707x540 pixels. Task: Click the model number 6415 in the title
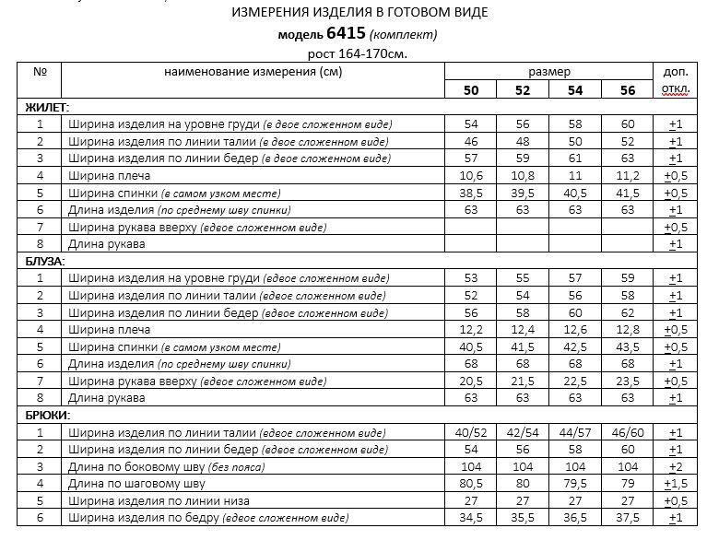click(x=346, y=34)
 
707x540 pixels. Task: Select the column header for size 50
click(x=471, y=89)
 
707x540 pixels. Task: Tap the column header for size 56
click(x=628, y=89)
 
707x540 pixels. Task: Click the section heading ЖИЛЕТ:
click(x=46, y=108)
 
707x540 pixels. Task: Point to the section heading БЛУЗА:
click(x=45, y=262)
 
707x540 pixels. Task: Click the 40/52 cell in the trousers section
click(x=471, y=432)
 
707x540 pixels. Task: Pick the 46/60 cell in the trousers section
click(x=628, y=432)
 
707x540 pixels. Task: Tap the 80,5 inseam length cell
click(x=471, y=483)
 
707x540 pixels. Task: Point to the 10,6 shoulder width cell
click(x=471, y=175)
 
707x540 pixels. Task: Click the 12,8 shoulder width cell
click(x=628, y=329)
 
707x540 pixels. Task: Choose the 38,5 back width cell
click(x=471, y=193)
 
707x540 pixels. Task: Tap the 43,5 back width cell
click(x=628, y=346)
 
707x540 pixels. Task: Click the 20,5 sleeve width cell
click(x=471, y=381)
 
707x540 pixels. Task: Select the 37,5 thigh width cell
click(x=628, y=518)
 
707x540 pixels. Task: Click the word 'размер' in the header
click(x=549, y=72)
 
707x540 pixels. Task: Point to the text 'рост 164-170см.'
click(x=357, y=53)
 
